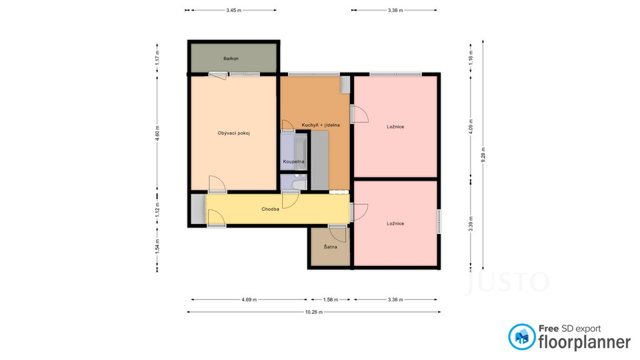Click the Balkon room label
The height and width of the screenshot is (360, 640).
click(x=231, y=59)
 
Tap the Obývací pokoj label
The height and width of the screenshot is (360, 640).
click(x=233, y=133)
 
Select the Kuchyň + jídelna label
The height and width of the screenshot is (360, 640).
click(x=321, y=125)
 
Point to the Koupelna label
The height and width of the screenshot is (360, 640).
click(x=293, y=161)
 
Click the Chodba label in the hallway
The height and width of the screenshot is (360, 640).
click(x=270, y=209)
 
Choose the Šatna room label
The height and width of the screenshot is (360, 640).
click(x=330, y=247)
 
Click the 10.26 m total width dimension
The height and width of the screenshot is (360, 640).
click(x=314, y=312)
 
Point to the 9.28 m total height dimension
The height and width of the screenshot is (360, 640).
click(x=483, y=155)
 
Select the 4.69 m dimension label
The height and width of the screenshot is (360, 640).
click(x=249, y=299)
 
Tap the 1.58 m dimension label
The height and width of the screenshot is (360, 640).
click(x=331, y=299)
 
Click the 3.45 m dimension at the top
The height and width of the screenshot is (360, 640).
click(x=233, y=10)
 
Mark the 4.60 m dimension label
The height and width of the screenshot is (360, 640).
click(x=157, y=133)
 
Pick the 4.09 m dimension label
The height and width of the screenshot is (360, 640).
click(x=471, y=127)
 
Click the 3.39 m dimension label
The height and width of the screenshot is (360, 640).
click(x=471, y=224)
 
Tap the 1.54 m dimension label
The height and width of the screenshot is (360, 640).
click(x=157, y=247)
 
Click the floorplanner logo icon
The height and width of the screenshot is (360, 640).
click(x=521, y=337)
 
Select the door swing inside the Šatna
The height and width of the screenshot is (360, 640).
click(x=338, y=233)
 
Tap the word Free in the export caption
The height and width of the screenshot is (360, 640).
click(x=549, y=329)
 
